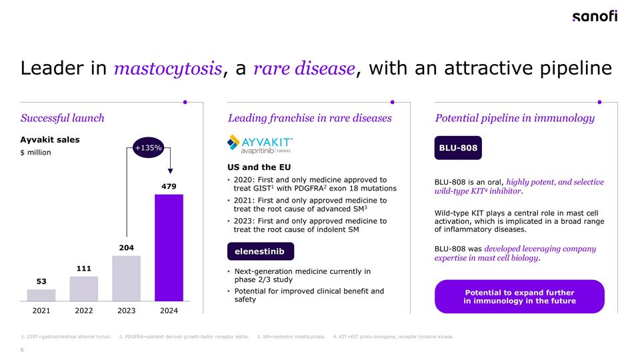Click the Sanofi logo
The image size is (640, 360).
[595, 17]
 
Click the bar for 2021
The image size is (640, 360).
[41, 294]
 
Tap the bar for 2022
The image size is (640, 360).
[83, 288]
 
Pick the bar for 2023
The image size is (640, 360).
[126, 278]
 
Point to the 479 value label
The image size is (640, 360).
[169, 187]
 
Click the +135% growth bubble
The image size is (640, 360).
[148, 148]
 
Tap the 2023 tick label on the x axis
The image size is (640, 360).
[126, 311]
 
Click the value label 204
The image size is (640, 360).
[126, 247]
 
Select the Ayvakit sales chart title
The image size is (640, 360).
[50, 139]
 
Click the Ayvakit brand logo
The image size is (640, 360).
[260, 145]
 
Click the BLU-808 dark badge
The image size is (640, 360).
[457, 148]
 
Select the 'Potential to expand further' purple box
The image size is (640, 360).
[519, 297]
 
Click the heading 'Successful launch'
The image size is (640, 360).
[62, 118]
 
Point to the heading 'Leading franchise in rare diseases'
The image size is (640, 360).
[309, 118]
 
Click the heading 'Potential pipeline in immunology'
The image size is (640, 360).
[515, 118]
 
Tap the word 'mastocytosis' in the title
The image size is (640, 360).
[167, 69]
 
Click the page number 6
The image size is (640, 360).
[22, 351]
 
